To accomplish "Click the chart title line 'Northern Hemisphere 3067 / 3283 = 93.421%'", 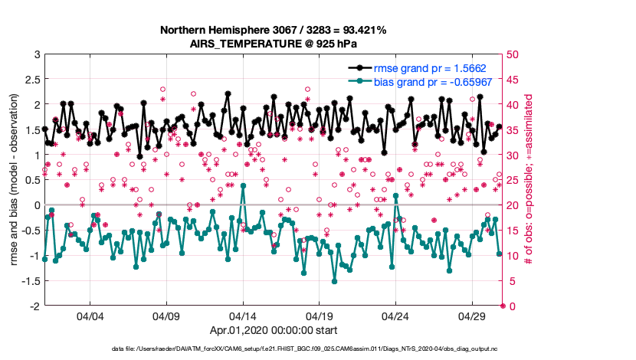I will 273,30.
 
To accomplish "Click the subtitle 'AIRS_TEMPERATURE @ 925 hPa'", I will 273,44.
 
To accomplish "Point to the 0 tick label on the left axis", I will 36,205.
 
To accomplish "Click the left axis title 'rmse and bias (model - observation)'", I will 14,180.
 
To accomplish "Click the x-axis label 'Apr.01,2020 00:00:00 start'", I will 273,332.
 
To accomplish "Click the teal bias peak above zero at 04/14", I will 243,185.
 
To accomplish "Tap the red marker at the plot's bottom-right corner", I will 503,306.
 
